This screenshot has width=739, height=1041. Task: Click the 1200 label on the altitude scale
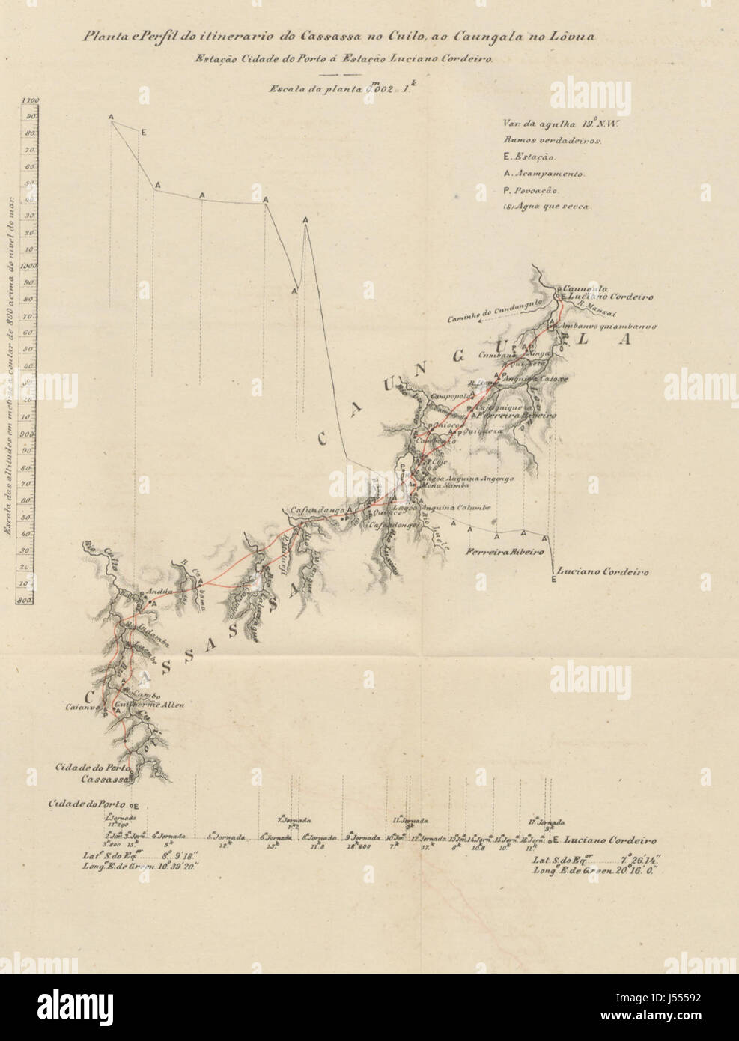point(31,100)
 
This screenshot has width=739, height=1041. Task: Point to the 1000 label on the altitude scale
point(31,266)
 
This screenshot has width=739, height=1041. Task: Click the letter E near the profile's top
point(143,133)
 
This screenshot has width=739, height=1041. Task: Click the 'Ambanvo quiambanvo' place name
point(607,327)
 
